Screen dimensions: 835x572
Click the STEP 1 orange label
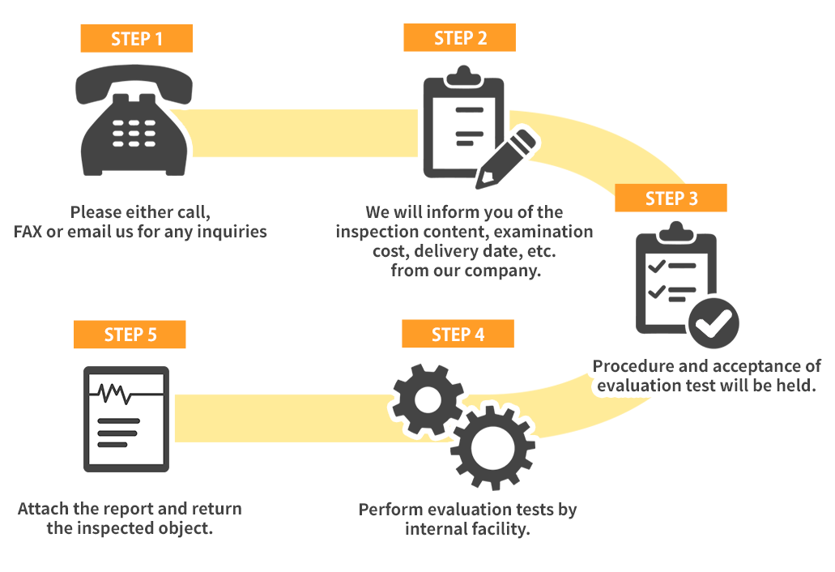136,38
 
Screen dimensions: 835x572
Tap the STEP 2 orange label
459,37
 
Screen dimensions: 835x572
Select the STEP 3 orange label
671,198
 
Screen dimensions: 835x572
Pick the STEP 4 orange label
458,334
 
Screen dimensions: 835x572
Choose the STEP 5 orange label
130,335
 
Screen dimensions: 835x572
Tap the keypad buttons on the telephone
134,133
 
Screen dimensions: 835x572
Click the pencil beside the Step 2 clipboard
505,158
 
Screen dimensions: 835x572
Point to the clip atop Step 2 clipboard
464,76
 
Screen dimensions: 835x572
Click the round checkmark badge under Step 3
714,322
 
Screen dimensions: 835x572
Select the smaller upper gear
427,399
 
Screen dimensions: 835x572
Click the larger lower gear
492,447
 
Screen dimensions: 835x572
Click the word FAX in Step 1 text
28,232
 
